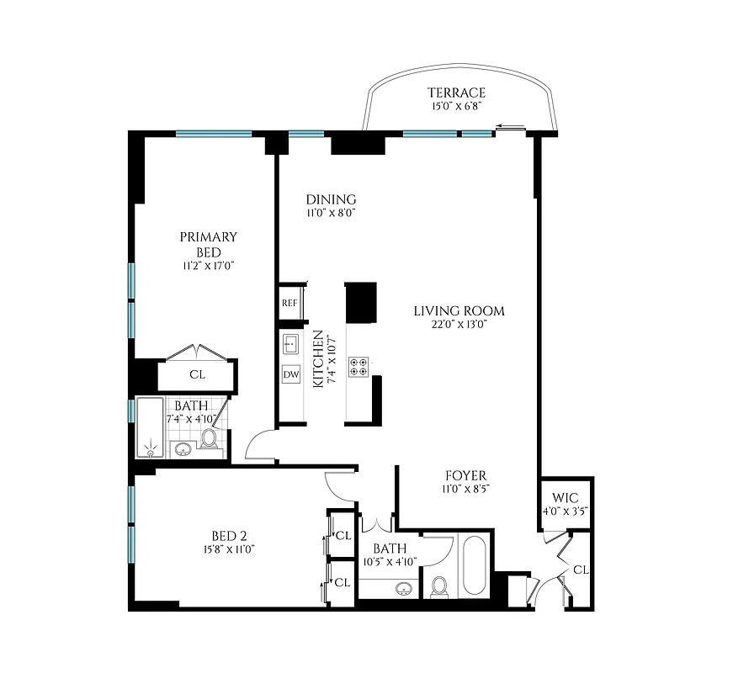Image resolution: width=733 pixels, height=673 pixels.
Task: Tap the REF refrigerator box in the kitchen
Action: point(289,303)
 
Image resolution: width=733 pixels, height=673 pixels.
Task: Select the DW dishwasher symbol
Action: point(291,374)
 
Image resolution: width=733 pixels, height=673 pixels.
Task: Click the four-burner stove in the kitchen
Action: point(358,367)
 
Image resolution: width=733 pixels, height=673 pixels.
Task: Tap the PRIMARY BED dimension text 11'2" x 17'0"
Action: point(208,267)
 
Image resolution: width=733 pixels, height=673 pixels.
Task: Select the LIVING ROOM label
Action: point(459,310)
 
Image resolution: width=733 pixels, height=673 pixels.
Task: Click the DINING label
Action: point(331,199)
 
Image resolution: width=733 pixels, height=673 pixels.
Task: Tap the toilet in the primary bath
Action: point(209,439)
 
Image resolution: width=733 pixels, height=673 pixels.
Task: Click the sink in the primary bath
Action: point(183,448)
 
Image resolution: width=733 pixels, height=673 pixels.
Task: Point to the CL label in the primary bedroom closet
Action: point(197,374)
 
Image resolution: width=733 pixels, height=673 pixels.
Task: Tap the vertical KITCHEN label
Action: point(318,358)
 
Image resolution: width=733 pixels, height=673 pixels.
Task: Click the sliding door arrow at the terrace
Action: point(507,128)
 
